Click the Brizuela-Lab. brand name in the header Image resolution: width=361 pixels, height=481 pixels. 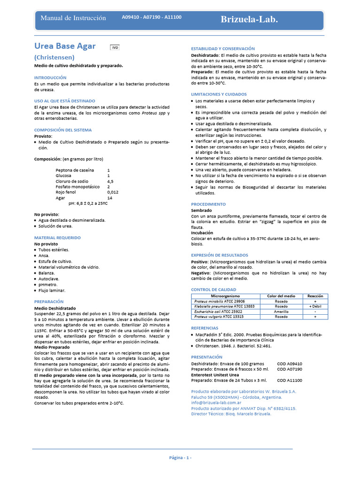[x=249, y=19]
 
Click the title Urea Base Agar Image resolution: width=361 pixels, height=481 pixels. [x=65, y=46]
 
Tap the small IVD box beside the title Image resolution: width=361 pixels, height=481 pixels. [x=115, y=47]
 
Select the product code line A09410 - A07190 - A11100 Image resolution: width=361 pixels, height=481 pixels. [x=151, y=17]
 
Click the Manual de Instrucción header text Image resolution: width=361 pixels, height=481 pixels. [x=73, y=18]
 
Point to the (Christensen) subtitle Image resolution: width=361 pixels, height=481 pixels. [x=54, y=57]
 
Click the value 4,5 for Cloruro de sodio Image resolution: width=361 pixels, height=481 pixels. [x=110, y=181]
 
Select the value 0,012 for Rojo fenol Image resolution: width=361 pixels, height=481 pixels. [x=113, y=192]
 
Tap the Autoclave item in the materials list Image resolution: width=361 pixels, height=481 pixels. [x=47, y=279]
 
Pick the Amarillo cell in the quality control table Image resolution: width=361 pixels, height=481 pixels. [x=281, y=311]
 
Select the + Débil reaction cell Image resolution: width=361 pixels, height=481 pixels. [x=315, y=306]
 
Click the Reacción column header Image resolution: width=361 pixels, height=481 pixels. [x=315, y=296]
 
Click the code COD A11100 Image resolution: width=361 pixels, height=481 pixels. [x=290, y=380]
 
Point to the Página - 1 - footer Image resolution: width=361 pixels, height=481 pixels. [x=180, y=458]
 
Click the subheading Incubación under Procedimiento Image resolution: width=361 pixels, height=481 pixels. [x=202, y=233]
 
